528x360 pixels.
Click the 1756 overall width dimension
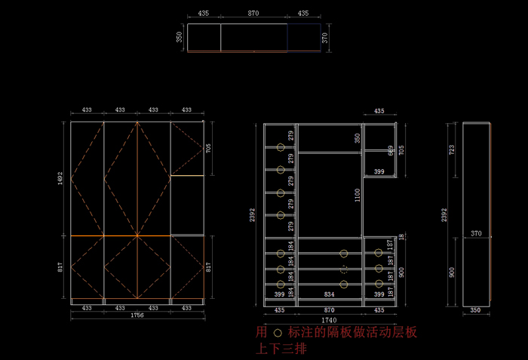coord(137,315)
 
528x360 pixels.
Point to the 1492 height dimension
coord(60,178)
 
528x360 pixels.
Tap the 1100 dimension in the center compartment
coord(358,195)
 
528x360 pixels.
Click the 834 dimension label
coord(330,294)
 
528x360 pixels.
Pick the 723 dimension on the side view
coord(452,150)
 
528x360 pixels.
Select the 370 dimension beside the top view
coord(325,38)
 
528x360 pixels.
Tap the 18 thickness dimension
coord(401,237)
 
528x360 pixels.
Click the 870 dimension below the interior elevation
coord(330,310)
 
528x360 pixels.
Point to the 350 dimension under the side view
coord(475,310)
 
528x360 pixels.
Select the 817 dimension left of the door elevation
coord(60,266)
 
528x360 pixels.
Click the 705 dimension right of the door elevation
coord(208,149)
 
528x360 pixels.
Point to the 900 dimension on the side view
coord(452,272)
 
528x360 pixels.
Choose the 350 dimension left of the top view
coord(180,37)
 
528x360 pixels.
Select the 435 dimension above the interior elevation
coord(379,111)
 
